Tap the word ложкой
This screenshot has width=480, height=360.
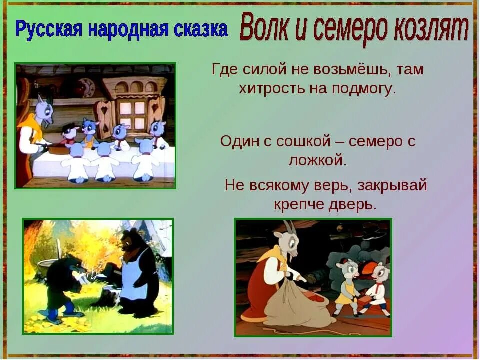[317, 160]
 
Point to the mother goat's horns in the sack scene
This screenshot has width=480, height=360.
[289, 228]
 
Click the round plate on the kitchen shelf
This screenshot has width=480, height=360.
[86, 87]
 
